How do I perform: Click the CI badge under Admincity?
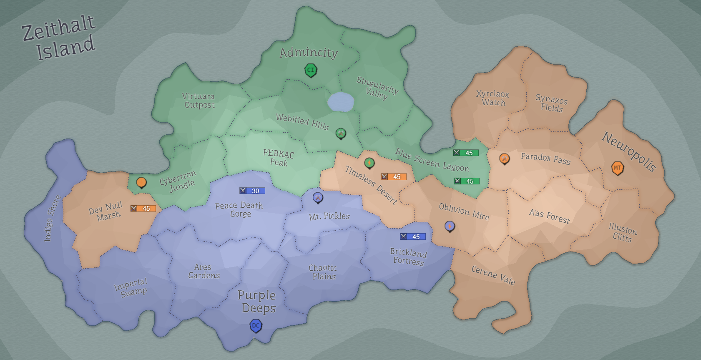pos(311,70)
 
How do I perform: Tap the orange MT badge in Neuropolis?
pos(618,168)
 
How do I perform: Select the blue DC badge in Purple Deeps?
pos(256,326)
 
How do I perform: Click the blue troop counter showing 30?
pos(252,191)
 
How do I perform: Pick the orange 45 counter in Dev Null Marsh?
pos(143,209)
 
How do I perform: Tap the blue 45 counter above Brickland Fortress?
pos(413,237)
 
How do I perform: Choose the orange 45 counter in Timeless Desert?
pos(393,177)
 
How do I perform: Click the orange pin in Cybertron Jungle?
pos(141,182)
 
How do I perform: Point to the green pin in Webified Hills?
pos(341,133)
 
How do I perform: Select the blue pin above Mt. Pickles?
pos(318,197)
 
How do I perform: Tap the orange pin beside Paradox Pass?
pos(504,159)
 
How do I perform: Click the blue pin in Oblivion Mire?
pos(450,226)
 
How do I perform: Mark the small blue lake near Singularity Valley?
pos(341,102)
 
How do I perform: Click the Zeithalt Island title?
pos(59,38)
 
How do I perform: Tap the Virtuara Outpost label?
pos(199,101)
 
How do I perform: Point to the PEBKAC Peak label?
pos(279,158)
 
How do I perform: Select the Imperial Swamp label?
pos(131,287)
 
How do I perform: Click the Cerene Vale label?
pos(493,275)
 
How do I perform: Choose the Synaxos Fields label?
pos(551,103)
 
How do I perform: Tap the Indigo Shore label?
pos(53,218)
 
